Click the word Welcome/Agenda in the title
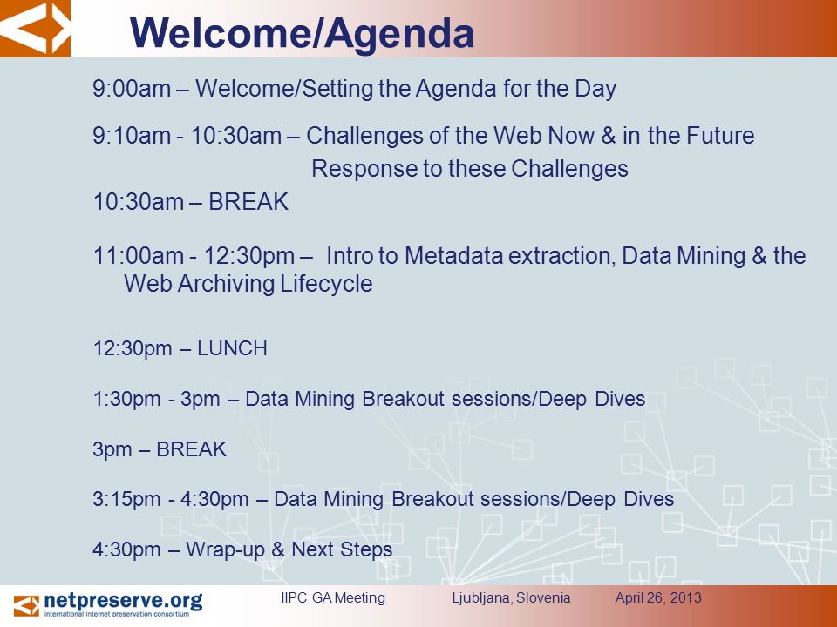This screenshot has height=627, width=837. pos(302,33)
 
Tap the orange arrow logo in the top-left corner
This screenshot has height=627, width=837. pos(35,28)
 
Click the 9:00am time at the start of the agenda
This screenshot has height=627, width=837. pos(132,89)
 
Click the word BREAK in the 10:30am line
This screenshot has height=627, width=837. pos(248,202)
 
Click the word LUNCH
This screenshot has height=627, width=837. pos(232,348)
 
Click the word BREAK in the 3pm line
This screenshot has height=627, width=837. pos(191,449)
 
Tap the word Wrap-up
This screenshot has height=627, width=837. pos(225,549)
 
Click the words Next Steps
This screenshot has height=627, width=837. pos(342,549)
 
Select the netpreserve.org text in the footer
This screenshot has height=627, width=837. pos(123,601)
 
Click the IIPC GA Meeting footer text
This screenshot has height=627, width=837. pos(333,597)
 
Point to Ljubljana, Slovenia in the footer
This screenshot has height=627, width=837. pos(511,597)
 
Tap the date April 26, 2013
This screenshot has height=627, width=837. pos(658,597)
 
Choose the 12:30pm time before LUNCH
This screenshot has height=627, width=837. pos(133,349)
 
